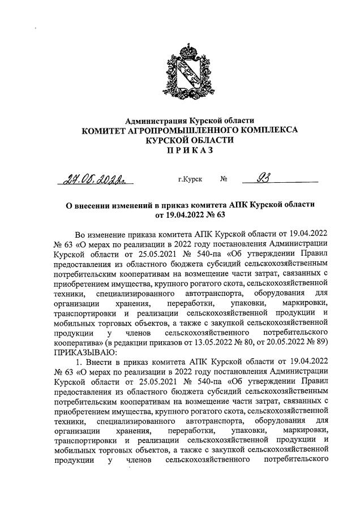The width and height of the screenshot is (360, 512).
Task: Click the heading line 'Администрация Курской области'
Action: point(190,121)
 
